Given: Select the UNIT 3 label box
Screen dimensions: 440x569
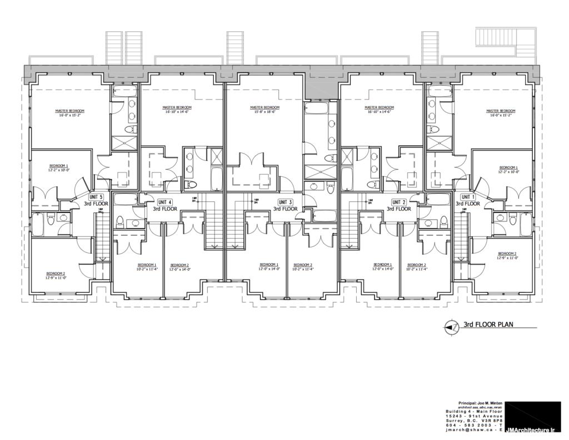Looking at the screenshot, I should (285, 202).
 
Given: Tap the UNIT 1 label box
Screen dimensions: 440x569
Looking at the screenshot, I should (468, 197).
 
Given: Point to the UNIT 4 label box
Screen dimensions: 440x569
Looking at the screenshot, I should (165, 202).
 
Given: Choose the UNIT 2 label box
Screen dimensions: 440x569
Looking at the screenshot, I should (399, 202).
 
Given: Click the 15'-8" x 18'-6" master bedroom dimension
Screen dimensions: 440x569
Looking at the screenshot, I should (264, 112).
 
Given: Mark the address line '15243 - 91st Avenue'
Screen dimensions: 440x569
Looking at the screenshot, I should (476, 416).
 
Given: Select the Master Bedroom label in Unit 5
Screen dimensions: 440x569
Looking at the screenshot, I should (69, 111).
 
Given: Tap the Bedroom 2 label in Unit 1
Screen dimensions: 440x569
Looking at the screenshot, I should (508, 253).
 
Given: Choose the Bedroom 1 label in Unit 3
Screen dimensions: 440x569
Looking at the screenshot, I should (269, 264).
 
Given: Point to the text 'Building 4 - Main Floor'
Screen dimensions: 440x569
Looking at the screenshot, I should (474, 412).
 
